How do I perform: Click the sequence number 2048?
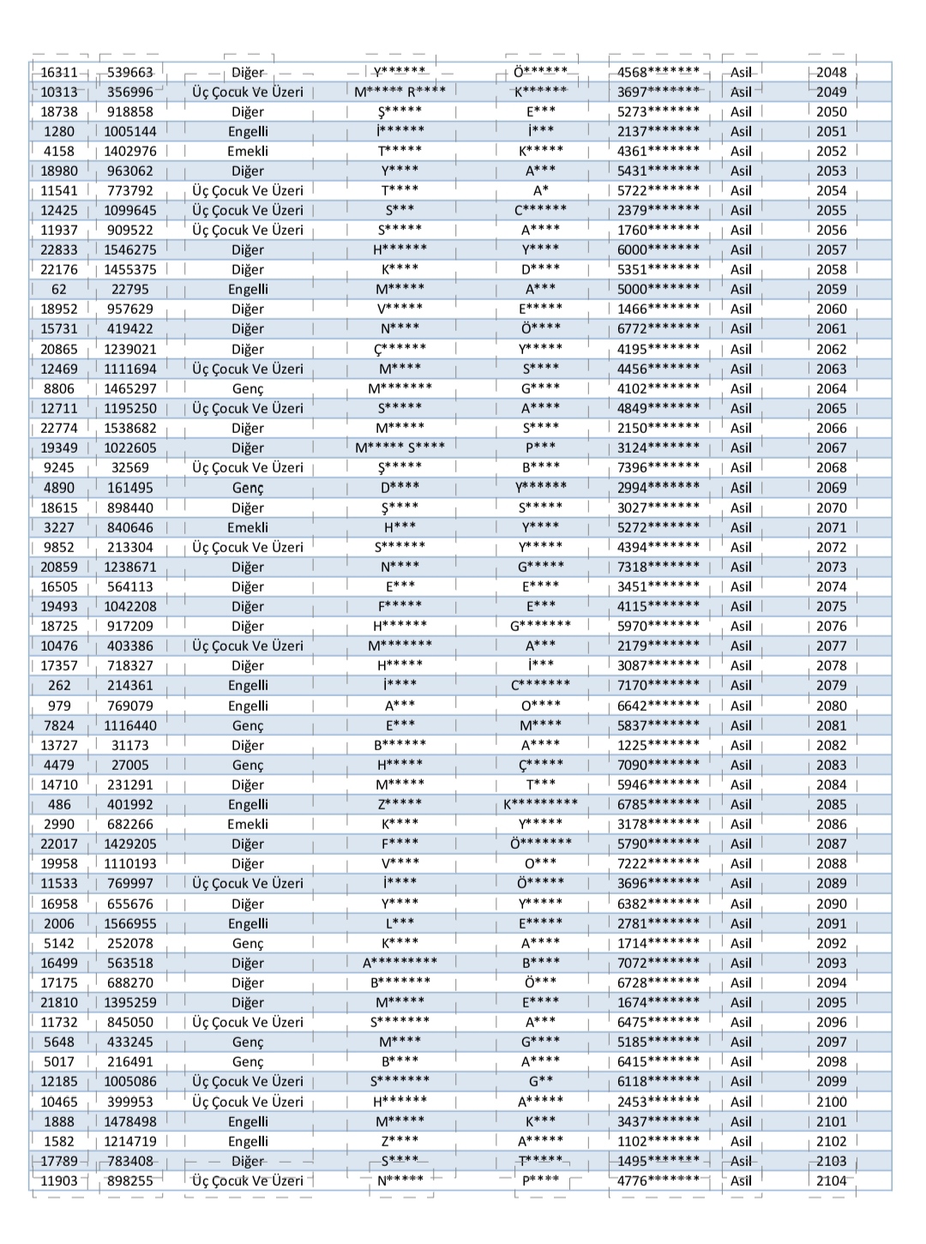[x=831, y=72]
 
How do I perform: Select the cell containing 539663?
[x=130, y=72]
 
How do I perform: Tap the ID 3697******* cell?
[x=658, y=92]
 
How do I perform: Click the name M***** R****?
[x=400, y=92]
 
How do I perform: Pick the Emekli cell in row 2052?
[x=248, y=151]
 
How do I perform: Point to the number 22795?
[x=130, y=289]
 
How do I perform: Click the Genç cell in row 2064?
[x=248, y=388]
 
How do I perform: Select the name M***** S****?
[x=400, y=448]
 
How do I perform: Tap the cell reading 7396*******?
[x=658, y=467]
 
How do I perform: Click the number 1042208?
[x=130, y=606]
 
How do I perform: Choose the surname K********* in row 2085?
[x=540, y=804]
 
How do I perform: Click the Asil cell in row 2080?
[x=741, y=706]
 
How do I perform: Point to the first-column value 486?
[x=59, y=804]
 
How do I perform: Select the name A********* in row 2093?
[x=400, y=963]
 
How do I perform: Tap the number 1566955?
[x=130, y=923]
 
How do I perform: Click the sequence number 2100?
[x=831, y=1102]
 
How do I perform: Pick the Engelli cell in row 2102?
[x=248, y=1141]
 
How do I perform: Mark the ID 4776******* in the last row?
[x=658, y=1181]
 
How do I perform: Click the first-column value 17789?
[x=59, y=1161]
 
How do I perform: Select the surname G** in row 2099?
[x=540, y=1081]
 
